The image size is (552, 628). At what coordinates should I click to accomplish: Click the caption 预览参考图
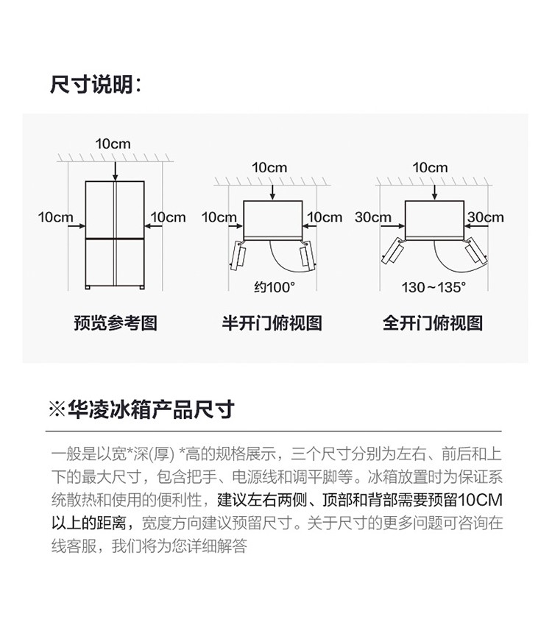pyautogui.click(x=116, y=322)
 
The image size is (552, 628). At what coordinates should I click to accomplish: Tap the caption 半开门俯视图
pyautogui.click(x=272, y=322)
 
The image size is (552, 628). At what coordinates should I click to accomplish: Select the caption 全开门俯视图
pyautogui.click(x=433, y=322)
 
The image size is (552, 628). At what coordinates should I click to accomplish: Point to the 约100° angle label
pyautogui.click(x=275, y=287)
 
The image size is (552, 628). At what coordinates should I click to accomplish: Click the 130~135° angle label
pyautogui.click(x=434, y=287)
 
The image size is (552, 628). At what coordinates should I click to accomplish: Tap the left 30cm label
pyautogui.click(x=372, y=217)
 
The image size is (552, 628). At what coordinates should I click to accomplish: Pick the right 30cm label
pyautogui.click(x=485, y=217)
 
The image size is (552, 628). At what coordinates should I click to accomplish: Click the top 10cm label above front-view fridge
pyautogui.click(x=113, y=144)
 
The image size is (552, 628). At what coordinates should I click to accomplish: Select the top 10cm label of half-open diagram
pyautogui.click(x=269, y=167)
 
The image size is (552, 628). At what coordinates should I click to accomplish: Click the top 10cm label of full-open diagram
pyautogui.click(x=430, y=167)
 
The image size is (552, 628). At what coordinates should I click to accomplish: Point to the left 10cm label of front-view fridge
pyautogui.click(x=56, y=217)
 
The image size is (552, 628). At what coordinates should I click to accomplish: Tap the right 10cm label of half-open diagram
pyautogui.click(x=325, y=217)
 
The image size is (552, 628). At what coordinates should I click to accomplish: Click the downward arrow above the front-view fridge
pyautogui.click(x=116, y=172)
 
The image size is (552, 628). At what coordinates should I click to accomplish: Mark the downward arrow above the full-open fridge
pyautogui.click(x=435, y=193)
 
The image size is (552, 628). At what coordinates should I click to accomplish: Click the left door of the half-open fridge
pyautogui.click(x=238, y=255)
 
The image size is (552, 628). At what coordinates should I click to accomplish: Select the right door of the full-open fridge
pyautogui.click(x=475, y=250)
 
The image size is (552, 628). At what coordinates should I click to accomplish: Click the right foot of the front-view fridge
pyautogui.click(x=141, y=287)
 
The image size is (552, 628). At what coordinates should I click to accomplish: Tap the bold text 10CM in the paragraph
pyautogui.click(x=480, y=500)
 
